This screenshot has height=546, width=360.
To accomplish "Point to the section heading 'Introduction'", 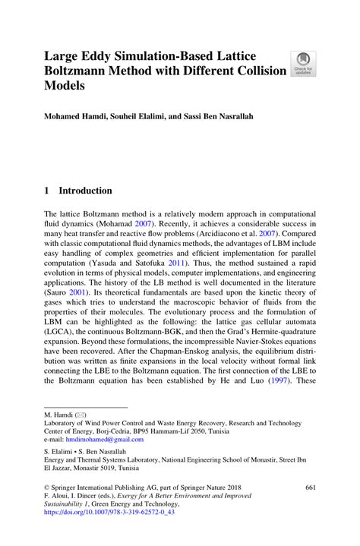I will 86,191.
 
